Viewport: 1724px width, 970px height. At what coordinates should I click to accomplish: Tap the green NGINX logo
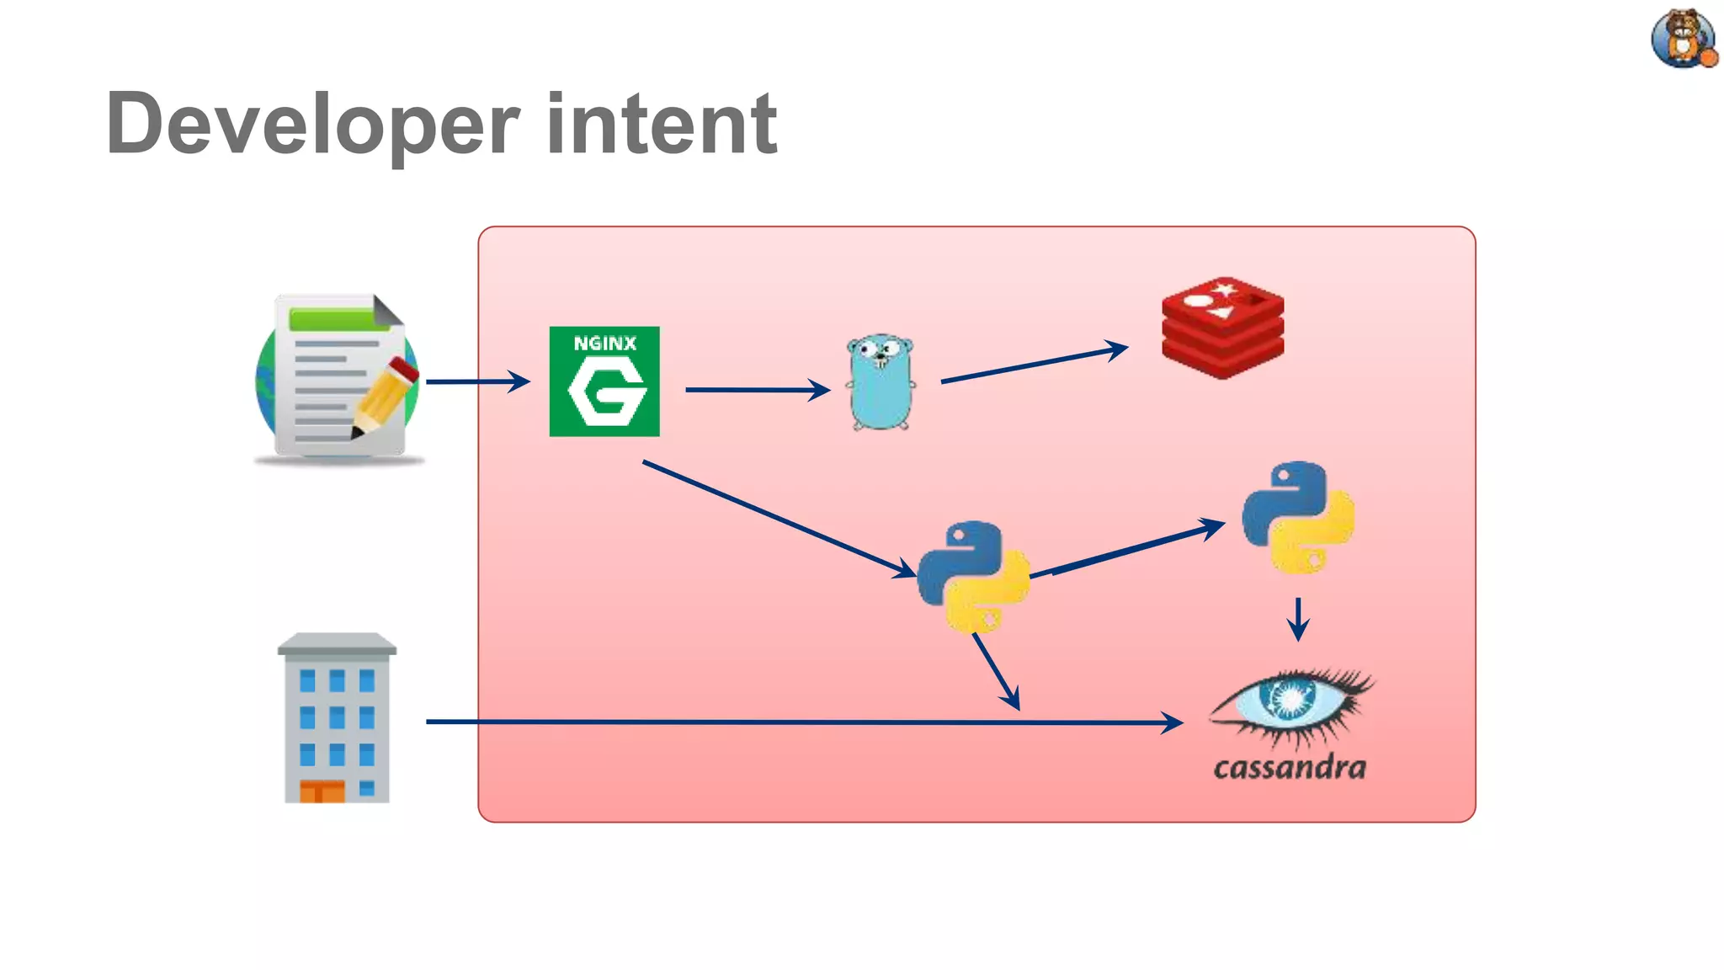pos(604,381)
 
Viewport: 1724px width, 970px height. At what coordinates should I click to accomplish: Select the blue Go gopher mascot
pos(881,383)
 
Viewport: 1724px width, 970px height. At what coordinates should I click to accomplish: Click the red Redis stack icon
pos(1222,328)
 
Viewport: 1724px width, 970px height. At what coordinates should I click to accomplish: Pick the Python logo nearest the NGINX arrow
pos(973,577)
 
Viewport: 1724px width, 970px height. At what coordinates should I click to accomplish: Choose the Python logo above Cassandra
pos(1298,517)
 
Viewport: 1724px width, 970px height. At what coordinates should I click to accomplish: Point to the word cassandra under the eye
pos(1290,767)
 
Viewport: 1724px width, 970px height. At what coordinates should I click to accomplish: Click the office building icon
pos(337,718)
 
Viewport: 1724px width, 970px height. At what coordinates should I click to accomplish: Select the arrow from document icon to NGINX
pos(476,381)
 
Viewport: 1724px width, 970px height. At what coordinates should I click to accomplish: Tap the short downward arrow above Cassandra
pos(1298,619)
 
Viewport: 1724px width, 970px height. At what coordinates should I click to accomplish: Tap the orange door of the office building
pos(322,791)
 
